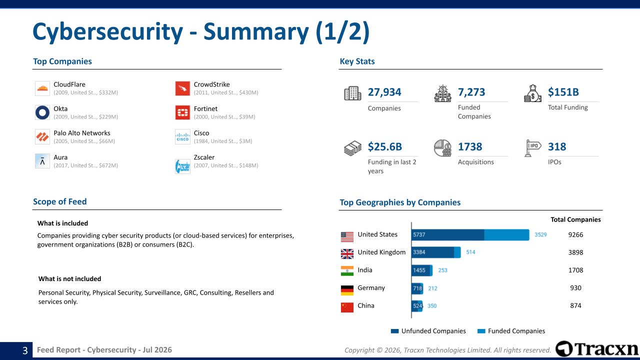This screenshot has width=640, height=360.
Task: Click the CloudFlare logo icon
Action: click(x=42, y=88)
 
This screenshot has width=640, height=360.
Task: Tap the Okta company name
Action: click(x=60, y=109)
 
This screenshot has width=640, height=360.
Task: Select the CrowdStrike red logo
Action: click(x=182, y=88)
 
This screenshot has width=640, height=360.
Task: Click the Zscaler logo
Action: click(x=182, y=166)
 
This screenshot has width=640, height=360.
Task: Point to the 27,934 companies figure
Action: click(x=384, y=92)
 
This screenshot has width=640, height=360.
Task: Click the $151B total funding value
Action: click(x=563, y=92)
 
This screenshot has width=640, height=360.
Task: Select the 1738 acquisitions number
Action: click(x=470, y=147)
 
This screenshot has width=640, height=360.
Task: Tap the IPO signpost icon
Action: click(x=532, y=148)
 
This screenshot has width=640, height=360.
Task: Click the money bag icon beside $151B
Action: click(x=532, y=93)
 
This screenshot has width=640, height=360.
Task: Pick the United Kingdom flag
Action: click(x=347, y=253)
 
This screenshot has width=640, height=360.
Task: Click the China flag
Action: click(x=347, y=307)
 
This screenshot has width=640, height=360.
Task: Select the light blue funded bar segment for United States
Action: click(x=506, y=235)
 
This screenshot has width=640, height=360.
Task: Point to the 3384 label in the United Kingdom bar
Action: click(x=419, y=252)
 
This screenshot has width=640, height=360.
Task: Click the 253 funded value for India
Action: click(x=442, y=270)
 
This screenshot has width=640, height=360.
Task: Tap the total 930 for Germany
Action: click(x=575, y=288)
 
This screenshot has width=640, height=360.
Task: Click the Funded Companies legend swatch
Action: click(x=481, y=331)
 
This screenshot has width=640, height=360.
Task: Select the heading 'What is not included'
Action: click(x=69, y=279)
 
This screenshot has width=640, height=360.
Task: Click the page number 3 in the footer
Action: click(x=25, y=350)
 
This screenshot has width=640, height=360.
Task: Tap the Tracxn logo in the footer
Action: click(x=597, y=349)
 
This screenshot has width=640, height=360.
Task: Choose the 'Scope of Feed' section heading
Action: click(x=59, y=201)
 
